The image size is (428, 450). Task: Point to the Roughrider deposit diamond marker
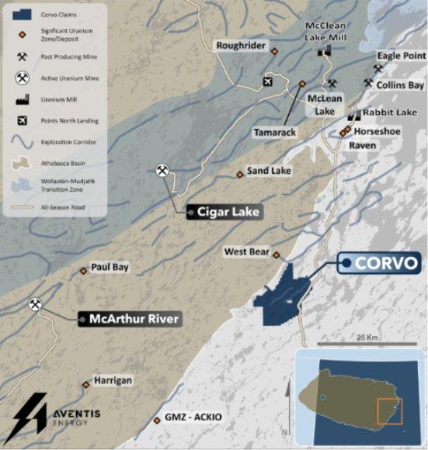(x=274, y=51)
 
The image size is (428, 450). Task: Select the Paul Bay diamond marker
(x=84, y=271)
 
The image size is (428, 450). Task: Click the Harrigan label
(x=113, y=381)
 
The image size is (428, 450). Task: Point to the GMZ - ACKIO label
(x=193, y=417)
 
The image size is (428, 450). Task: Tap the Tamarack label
(x=275, y=133)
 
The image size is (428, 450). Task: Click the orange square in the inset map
(x=389, y=411)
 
